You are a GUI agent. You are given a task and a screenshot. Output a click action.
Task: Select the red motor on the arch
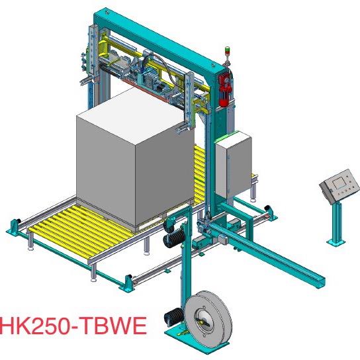pos(224,89)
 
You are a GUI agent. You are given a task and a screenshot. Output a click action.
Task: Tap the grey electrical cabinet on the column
pos(233,164)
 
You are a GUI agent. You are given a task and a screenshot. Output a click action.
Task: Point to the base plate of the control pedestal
pos(336,242)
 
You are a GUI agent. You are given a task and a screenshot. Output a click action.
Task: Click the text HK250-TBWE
pos(73,326)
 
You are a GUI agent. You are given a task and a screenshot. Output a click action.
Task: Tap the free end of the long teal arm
pos(320,283)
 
